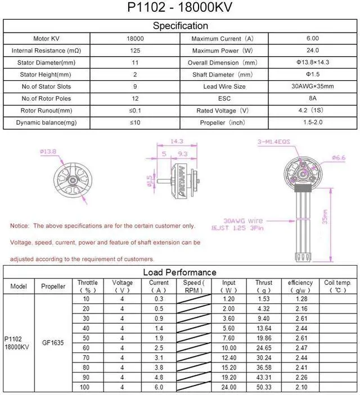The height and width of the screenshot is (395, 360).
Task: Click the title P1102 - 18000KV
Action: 180,7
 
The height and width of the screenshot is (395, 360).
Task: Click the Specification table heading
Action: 180,26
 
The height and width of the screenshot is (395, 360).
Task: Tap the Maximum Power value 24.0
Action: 312,51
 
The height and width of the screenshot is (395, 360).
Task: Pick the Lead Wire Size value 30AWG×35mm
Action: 312,87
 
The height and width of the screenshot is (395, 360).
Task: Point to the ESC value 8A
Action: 312,98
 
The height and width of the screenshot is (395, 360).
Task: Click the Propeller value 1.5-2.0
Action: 312,122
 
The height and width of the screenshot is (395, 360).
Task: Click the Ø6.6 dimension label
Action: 339,158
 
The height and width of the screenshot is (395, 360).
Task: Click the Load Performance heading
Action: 180,273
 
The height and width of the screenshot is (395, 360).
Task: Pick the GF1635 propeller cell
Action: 53,340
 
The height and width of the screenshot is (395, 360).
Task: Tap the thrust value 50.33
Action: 263,387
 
